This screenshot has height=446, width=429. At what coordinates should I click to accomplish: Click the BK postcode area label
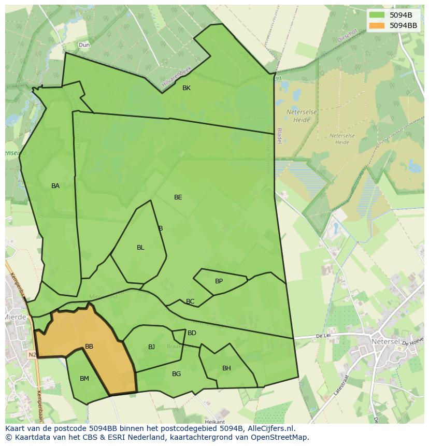[x=187, y=88]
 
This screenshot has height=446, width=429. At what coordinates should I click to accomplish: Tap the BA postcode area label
[x=55, y=186]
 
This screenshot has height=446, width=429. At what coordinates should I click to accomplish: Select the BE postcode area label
[x=178, y=197]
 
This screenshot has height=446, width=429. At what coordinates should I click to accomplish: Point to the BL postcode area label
[x=140, y=248]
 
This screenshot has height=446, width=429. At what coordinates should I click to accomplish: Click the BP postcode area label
[x=219, y=281]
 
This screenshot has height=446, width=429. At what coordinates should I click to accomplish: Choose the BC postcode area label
[x=190, y=301]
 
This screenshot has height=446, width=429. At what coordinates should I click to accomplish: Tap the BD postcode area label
[x=192, y=333]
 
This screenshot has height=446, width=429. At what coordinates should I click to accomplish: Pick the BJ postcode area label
[x=151, y=347]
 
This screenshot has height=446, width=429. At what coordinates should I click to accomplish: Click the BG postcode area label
[x=176, y=374]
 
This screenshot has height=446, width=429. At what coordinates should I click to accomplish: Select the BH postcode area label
[x=226, y=368]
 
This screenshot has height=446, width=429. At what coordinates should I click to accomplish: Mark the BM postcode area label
[x=84, y=379]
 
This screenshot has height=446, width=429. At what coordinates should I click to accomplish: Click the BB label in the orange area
[x=89, y=347]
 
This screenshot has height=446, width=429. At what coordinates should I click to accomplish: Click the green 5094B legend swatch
[x=377, y=15]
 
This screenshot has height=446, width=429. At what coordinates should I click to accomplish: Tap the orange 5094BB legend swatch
[x=377, y=25]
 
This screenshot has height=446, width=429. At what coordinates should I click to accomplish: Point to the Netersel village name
[x=385, y=342]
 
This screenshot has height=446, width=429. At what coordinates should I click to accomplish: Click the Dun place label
[x=84, y=45]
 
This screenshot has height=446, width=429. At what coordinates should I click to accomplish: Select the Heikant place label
[x=215, y=422]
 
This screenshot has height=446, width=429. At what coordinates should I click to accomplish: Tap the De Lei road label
[x=323, y=336]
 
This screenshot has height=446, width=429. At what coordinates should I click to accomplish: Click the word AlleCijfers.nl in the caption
[x=269, y=428]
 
